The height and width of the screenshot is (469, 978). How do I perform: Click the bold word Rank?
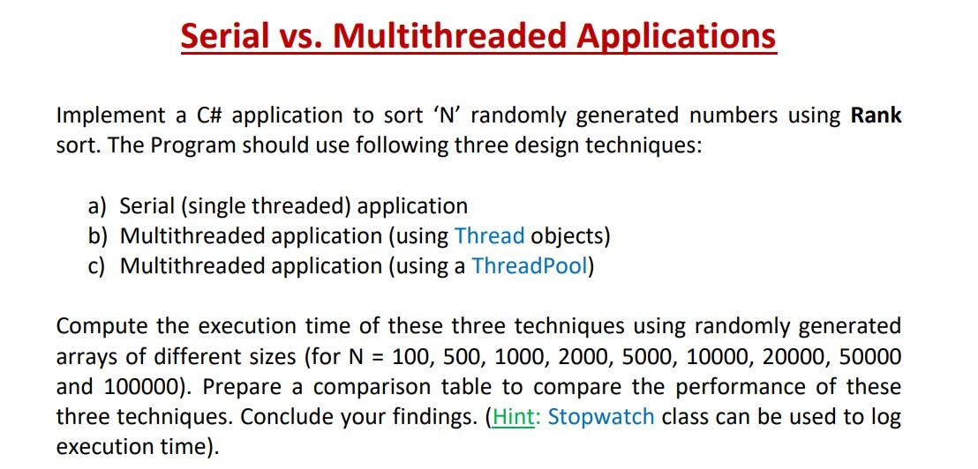pos(876,115)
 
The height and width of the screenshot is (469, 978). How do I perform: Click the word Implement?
pos(110,115)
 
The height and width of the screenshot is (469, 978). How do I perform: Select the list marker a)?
pos(98,206)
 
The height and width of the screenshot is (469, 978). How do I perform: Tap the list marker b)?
pos(98,236)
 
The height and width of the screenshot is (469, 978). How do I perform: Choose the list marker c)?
pos(98,266)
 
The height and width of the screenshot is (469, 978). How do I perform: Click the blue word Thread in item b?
pos(489,236)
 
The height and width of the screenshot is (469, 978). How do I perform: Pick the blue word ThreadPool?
pos(530,266)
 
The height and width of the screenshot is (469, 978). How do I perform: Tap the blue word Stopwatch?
pos(601,417)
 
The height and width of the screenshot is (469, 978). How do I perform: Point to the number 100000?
pos(124,387)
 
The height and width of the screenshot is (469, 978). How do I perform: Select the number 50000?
pos(870,357)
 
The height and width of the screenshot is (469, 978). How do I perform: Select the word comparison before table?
pos(373,387)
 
